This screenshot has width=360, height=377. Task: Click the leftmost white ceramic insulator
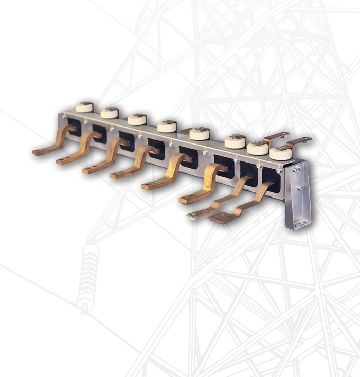coord(84,107)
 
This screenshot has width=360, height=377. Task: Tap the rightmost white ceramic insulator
coord(281,153)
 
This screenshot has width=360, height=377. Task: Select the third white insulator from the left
coord(137,120)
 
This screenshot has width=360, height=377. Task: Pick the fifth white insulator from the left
coord(199,134)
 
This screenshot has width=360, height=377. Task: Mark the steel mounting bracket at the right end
coord(298,195)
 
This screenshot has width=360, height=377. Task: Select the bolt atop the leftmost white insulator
coord(84,103)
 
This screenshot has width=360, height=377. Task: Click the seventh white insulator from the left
coord(258,148)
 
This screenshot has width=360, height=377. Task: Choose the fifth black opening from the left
coord(189,157)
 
